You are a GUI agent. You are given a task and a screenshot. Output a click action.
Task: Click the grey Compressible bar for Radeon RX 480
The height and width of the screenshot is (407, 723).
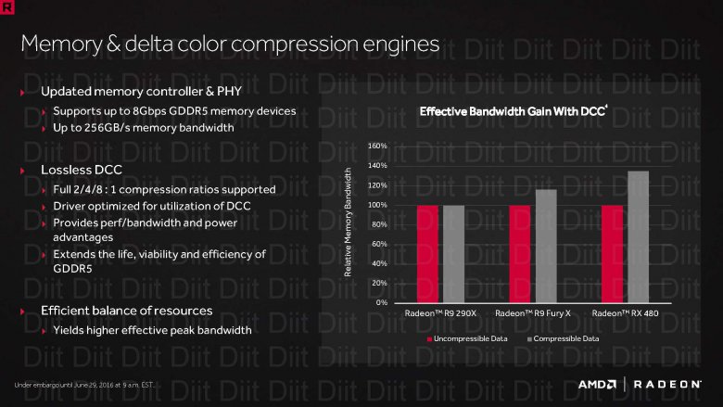point(638,236)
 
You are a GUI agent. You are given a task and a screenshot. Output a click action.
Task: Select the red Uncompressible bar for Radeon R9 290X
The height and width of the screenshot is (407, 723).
point(427,253)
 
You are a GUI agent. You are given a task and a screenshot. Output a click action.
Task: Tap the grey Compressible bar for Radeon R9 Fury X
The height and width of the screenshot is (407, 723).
point(546,246)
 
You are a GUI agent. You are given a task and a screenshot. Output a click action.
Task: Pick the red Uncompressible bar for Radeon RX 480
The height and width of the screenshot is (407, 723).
point(613,253)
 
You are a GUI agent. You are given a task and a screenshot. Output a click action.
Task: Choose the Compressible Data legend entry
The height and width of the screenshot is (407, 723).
point(564,339)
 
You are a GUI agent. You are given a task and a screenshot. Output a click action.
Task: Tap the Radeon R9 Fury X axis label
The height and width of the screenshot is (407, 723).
point(533,314)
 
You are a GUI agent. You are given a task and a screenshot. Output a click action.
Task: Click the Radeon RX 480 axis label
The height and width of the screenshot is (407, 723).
point(626,314)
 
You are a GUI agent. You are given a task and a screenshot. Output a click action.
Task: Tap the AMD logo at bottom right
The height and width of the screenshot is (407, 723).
point(599,384)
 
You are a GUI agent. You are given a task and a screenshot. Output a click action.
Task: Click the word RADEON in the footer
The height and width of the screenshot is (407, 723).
point(668,384)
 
